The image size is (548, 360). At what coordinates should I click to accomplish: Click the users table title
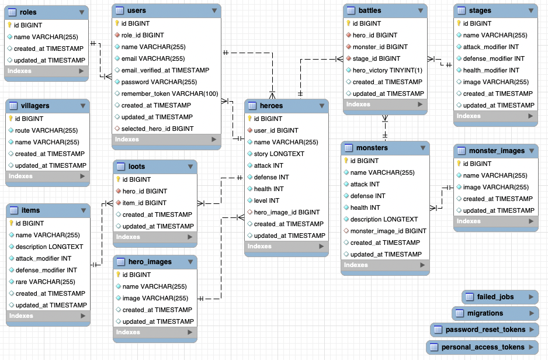pyautogui.click(x=136, y=11)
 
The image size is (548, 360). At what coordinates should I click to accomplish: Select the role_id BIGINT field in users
pyautogui.click(x=143, y=35)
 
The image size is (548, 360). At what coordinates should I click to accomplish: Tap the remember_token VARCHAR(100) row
pyautogui.click(x=169, y=94)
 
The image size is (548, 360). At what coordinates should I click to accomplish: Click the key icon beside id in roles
pyautogui.click(x=9, y=25)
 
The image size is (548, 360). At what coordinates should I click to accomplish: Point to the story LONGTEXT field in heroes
pyautogui.click(x=279, y=154)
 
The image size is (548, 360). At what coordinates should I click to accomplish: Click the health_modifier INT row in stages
pyautogui.click(x=491, y=70)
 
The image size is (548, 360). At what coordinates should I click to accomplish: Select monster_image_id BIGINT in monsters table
pyautogui.click(x=388, y=231)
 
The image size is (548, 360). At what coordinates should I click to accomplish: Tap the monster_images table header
pyautogui.click(x=496, y=151)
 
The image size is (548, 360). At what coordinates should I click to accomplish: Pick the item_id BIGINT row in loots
pyautogui.click(x=144, y=203)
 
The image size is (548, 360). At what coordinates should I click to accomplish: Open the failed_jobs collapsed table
pyautogui.click(x=495, y=297)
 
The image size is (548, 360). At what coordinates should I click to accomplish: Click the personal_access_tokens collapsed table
pyautogui.click(x=483, y=347)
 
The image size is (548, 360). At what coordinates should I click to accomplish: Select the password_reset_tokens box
pyautogui.click(x=485, y=330)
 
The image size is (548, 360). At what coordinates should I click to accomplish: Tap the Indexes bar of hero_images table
pyautogui.click(x=154, y=332)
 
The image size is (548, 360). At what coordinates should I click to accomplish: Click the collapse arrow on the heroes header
pyautogui.click(x=321, y=106)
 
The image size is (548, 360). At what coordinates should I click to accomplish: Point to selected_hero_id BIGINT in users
pyautogui.click(x=157, y=129)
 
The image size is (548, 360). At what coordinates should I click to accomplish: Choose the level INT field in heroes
pyautogui.click(x=266, y=200)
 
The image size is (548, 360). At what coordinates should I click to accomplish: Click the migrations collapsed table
pyautogui.click(x=485, y=313)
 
